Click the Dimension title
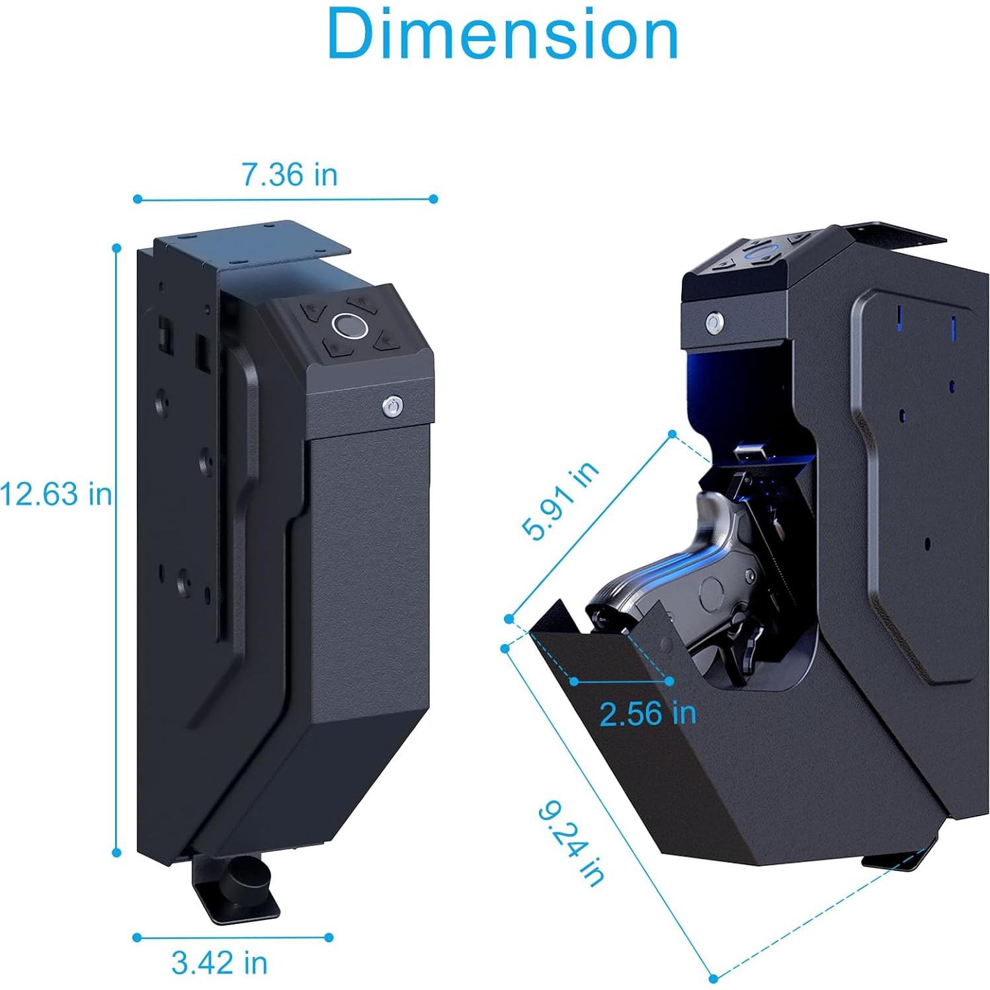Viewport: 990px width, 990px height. (503, 34)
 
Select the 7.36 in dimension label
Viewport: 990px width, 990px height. (289, 175)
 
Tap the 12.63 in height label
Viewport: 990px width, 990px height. (56, 494)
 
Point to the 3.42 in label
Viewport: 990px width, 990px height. (220, 963)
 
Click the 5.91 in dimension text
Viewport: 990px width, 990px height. (560, 501)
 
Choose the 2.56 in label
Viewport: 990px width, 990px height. (648, 714)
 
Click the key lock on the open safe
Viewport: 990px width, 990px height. (714, 323)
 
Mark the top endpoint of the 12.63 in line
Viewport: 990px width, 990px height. (117, 249)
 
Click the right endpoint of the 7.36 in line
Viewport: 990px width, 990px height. (434, 199)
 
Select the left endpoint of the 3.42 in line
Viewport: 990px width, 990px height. (137, 937)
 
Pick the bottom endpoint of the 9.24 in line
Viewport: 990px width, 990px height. (713, 978)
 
